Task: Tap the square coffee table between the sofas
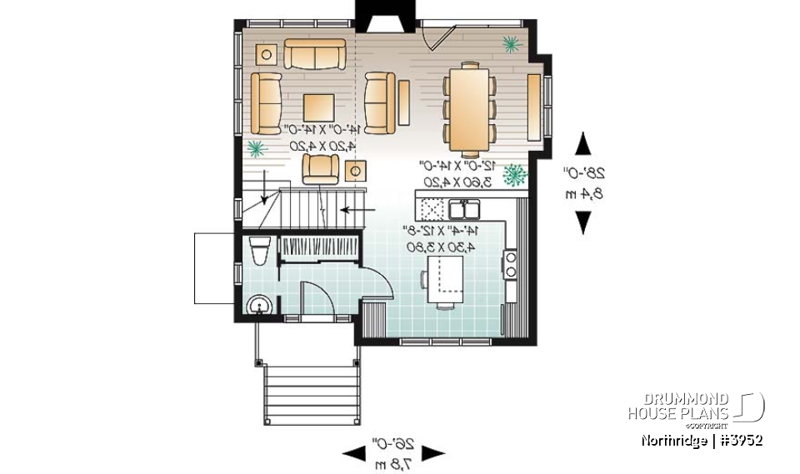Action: pos(319,107)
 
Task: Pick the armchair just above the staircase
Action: pos(321,168)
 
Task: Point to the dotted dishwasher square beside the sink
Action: pos(432,206)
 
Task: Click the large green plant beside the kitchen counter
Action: pos(517,175)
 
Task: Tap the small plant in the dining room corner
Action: pos(509,42)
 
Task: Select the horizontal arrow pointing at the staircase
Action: pos(358,210)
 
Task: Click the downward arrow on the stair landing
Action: pos(265,187)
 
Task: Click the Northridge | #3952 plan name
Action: pos(702,440)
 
